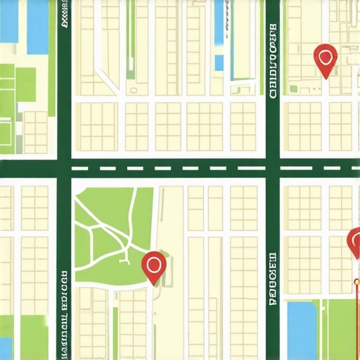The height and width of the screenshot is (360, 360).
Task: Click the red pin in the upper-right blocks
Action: [x=325, y=59]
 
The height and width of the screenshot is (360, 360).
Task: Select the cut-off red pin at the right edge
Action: [x=354, y=243]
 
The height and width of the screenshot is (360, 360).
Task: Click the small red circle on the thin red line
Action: [x=356, y=283]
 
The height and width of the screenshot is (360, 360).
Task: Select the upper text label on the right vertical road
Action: [x=273, y=60]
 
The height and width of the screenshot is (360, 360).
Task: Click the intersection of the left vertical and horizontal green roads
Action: [x=64, y=168]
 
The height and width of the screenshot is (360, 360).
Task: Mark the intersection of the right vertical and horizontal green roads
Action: [x=273, y=168]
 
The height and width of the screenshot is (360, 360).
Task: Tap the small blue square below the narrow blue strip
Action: [x=219, y=63]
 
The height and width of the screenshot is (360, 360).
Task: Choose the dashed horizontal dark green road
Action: [x=169, y=168]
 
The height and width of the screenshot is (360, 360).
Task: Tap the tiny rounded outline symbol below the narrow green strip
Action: [x=131, y=90]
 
